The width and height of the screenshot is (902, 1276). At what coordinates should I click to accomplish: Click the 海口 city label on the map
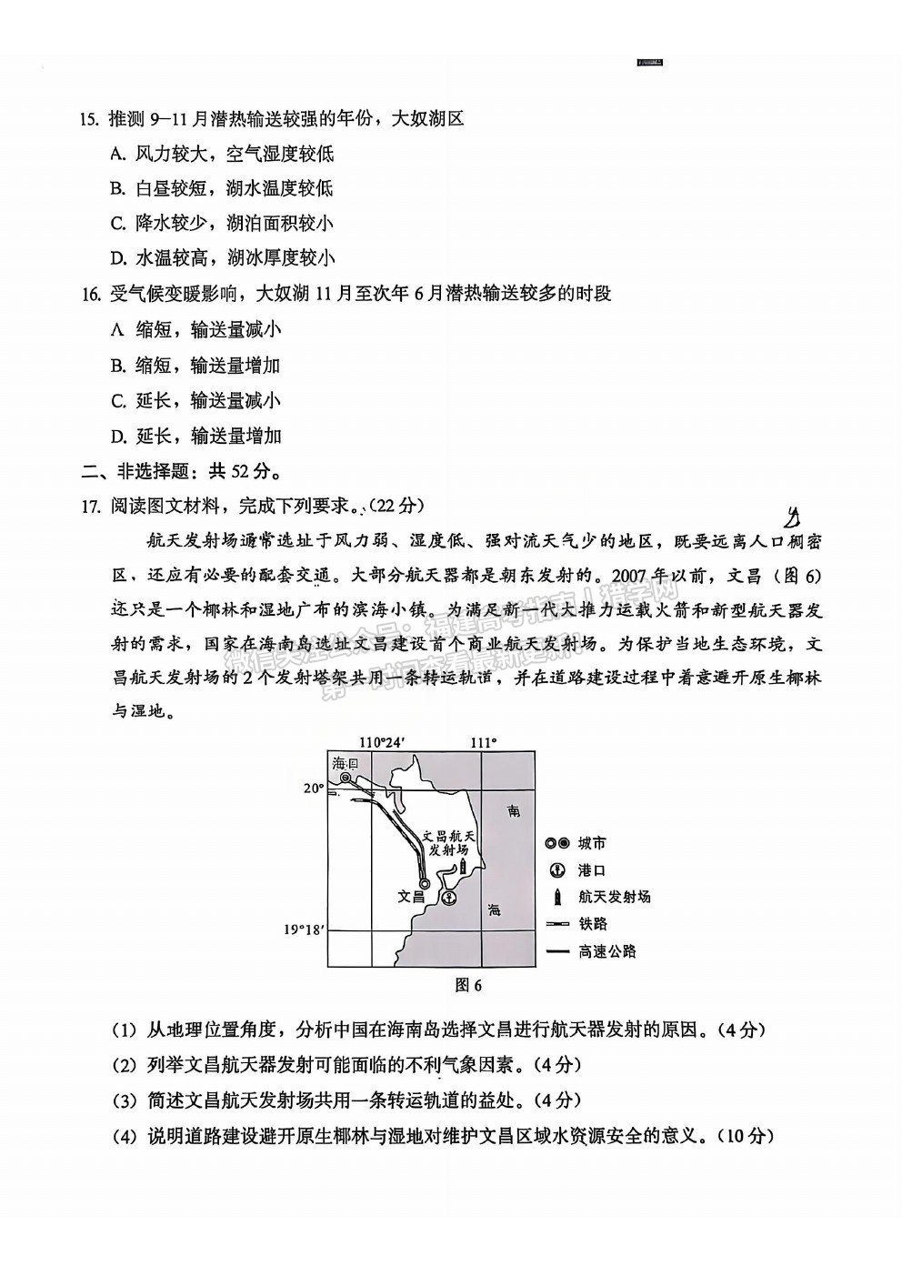click(x=346, y=762)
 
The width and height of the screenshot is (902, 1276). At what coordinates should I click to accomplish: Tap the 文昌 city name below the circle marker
click(x=412, y=896)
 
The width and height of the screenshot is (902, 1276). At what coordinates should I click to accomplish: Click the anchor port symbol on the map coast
click(x=448, y=898)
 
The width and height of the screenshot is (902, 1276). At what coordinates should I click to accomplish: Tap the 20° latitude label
click(x=314, y=789)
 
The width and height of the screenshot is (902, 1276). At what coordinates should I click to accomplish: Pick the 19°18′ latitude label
click(x=303, y=929)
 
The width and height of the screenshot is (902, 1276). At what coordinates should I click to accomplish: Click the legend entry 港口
click(x=592, y=870)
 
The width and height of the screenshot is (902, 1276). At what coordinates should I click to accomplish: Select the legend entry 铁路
click(x=592, y=924)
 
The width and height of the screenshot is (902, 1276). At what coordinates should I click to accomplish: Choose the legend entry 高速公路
click(x=606, y=951)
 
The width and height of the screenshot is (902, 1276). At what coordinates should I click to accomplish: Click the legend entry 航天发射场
click(x=614, y=897)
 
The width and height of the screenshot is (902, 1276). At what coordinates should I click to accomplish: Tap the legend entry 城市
click(x=592, y=844)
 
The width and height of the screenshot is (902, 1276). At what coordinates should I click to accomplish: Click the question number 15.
click(x=88, y=119)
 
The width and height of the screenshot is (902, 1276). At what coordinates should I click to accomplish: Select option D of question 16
click(x=195, y=436)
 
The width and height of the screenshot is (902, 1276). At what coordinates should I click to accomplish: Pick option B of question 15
click(x=221, y=188)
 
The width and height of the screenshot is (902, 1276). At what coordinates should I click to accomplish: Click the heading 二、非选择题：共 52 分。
click(x=180, y=471)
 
